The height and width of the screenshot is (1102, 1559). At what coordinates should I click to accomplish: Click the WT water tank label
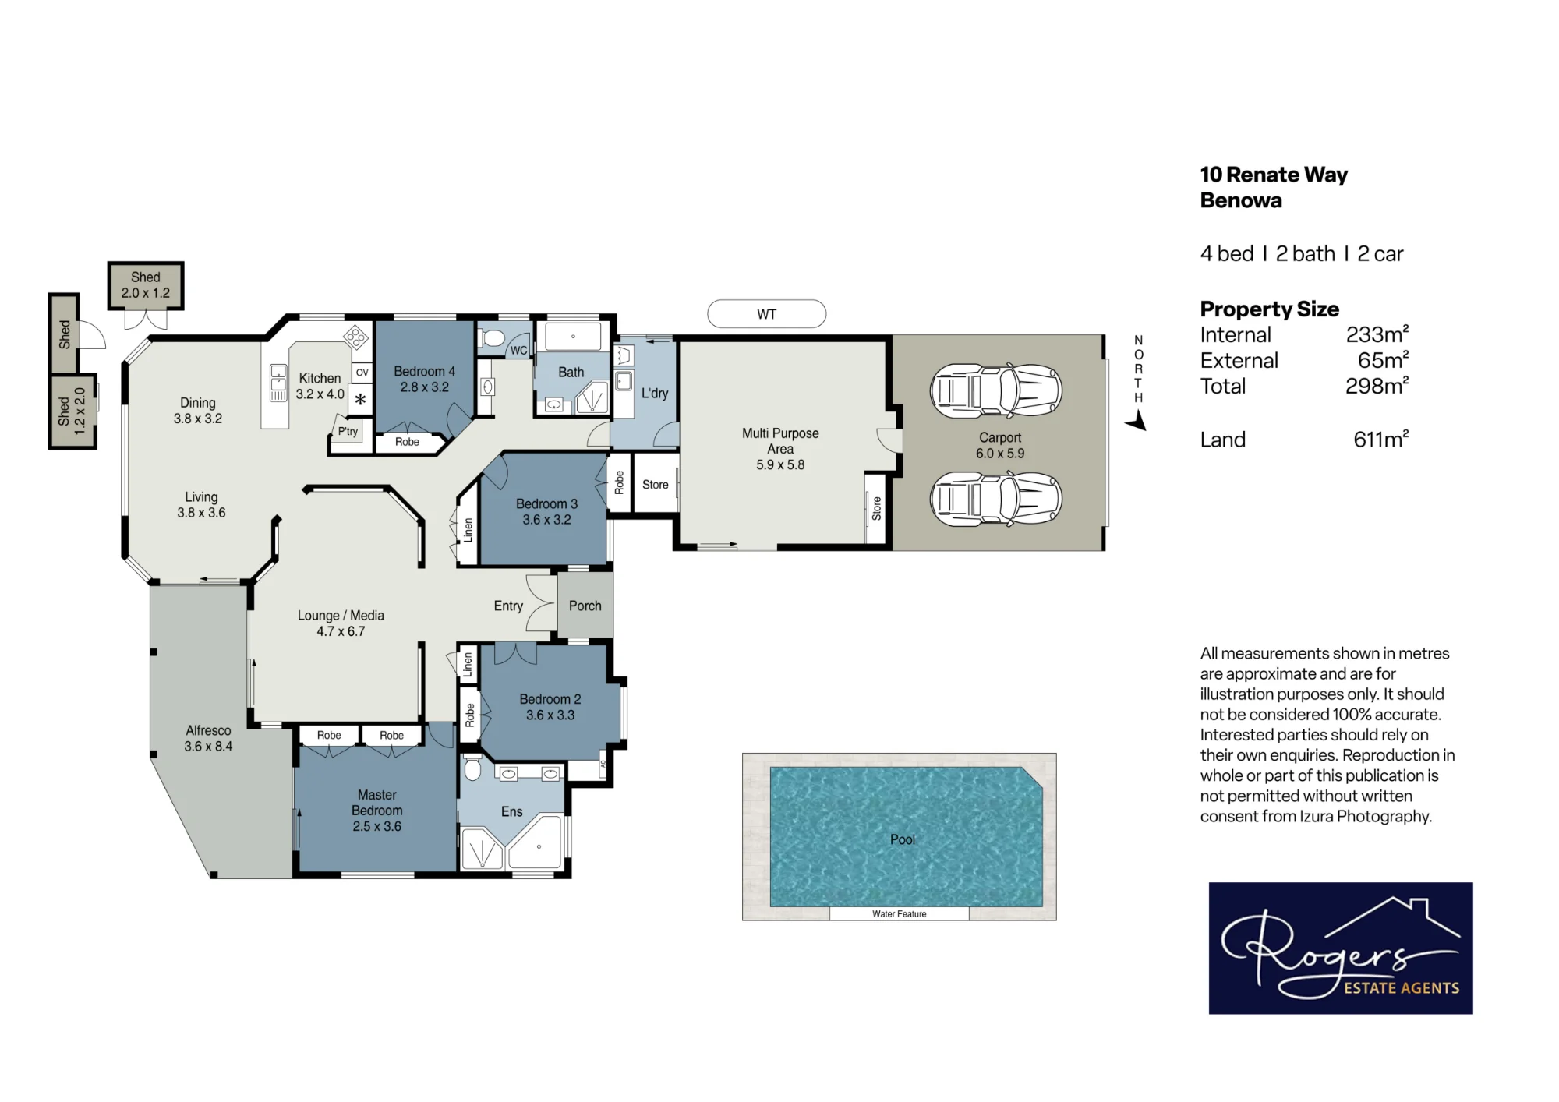tap(766, 314)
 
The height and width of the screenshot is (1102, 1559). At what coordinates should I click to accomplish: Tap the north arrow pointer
tap(1137, 422)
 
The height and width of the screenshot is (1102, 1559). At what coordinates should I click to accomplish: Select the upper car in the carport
tap(996, 390)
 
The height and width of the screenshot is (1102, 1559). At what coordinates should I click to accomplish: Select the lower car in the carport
tap(996, 499)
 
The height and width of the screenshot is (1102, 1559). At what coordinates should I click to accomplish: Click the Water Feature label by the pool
tap(899, 914)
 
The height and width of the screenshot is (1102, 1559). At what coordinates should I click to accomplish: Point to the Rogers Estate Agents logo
tap(1341, 948)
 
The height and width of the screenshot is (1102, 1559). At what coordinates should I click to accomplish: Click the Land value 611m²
tap(1380, 440)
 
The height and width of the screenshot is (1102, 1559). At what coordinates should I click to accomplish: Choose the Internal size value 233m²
tap(1377, 335)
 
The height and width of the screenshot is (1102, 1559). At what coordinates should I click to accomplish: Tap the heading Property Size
tap(1269, 309)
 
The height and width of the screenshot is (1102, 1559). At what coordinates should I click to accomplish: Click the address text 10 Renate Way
tap(1274, 175)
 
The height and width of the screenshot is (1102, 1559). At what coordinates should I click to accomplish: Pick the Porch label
tap(585, 606)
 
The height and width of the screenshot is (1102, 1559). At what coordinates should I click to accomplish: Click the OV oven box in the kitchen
tap(362, 373)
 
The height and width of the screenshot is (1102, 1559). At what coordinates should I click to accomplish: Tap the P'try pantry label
tap(348, 431)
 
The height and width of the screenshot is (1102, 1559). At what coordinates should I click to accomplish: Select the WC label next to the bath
tap(518, 351)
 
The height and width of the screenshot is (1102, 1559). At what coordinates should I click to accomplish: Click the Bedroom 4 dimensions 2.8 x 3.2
tap(424, 387)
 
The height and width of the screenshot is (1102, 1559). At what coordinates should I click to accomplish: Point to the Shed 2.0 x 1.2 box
tap(146, 285)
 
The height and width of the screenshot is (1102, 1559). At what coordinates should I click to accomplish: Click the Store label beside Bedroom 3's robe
tap(655, 485)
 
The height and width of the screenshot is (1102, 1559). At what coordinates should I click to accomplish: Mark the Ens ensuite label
tap(511, 811)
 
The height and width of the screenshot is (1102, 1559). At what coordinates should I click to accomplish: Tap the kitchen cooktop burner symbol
tap(355, 337)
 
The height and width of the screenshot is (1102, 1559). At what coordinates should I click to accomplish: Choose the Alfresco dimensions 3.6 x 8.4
tap(208, 747)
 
